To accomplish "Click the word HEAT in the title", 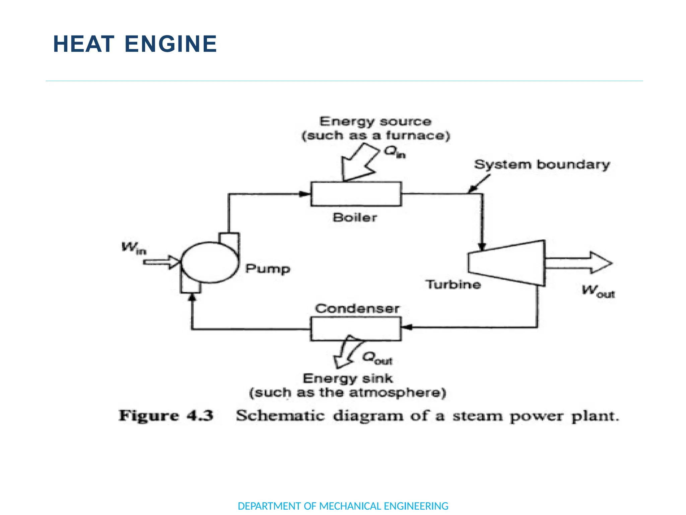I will point(84,44).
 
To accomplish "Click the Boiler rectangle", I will point(356,194).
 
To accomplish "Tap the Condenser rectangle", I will point(356,329).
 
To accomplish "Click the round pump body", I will point(209,263).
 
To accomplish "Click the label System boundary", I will point(542,165).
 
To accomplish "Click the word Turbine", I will point(453,285).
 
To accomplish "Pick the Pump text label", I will point(267,269).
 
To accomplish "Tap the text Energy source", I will point(375,122).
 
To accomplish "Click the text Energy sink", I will point(347,379).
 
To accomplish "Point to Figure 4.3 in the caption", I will point(166,416).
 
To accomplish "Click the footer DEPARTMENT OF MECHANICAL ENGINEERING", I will point(343,506).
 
